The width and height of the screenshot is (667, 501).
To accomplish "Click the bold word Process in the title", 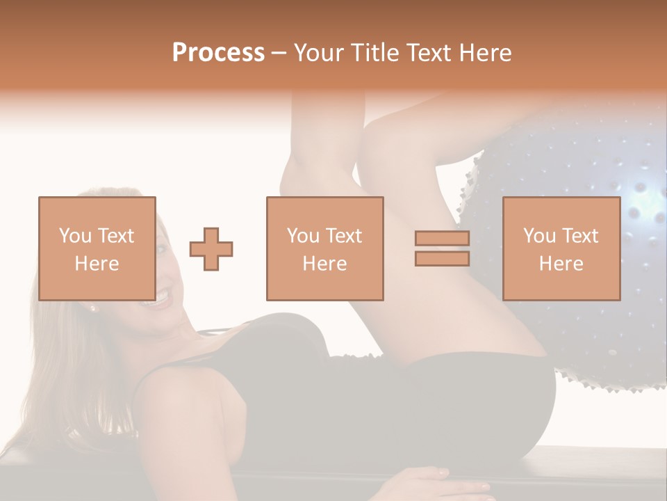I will point(218,54).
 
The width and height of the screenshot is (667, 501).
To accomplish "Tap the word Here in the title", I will point(486,53).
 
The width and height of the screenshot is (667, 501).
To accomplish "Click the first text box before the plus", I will point(97,248).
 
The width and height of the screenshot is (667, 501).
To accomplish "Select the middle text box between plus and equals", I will point(324,248).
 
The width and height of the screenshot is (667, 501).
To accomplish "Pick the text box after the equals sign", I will point(561,248).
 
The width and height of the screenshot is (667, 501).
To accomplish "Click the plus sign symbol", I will point(211,248).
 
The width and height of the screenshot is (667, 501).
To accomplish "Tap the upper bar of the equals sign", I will point(442,239).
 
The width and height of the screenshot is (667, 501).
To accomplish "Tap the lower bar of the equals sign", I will point(442,258).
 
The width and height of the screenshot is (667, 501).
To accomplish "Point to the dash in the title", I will point(279,54).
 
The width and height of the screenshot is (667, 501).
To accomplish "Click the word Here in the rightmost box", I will point(561,263).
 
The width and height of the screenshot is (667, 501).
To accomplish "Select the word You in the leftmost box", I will point(74,236).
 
